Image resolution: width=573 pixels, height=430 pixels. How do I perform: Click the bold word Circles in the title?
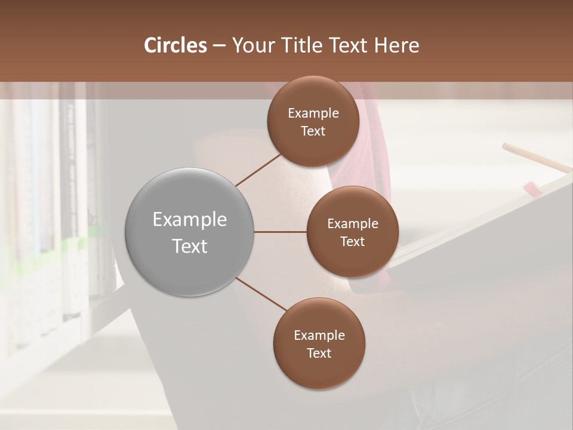click(175, 45)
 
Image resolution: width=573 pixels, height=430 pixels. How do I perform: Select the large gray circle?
click(189, 232)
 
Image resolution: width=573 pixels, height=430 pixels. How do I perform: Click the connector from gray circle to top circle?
click(258, 170)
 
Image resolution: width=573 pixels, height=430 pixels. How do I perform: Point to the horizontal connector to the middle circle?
click(280, 232)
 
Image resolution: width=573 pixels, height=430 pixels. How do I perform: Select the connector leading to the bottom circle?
click(261, 294)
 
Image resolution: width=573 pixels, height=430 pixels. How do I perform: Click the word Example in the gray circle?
click(190, 220)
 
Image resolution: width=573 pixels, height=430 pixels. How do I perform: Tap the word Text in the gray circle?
click(190, 246)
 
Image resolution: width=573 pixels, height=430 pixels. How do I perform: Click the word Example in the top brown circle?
click(313, 113)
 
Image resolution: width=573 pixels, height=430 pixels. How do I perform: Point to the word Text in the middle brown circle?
click(352, 242)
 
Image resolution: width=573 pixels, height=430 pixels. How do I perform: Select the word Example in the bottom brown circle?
click(319, 336)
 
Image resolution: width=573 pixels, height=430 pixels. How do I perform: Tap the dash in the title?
click(219, 45)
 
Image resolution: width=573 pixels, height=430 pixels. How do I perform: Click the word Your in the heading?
click(253, 45)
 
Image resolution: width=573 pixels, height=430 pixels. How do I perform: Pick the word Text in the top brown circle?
click(313, 131)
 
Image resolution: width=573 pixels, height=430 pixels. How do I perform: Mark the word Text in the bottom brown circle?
click(319, 354)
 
